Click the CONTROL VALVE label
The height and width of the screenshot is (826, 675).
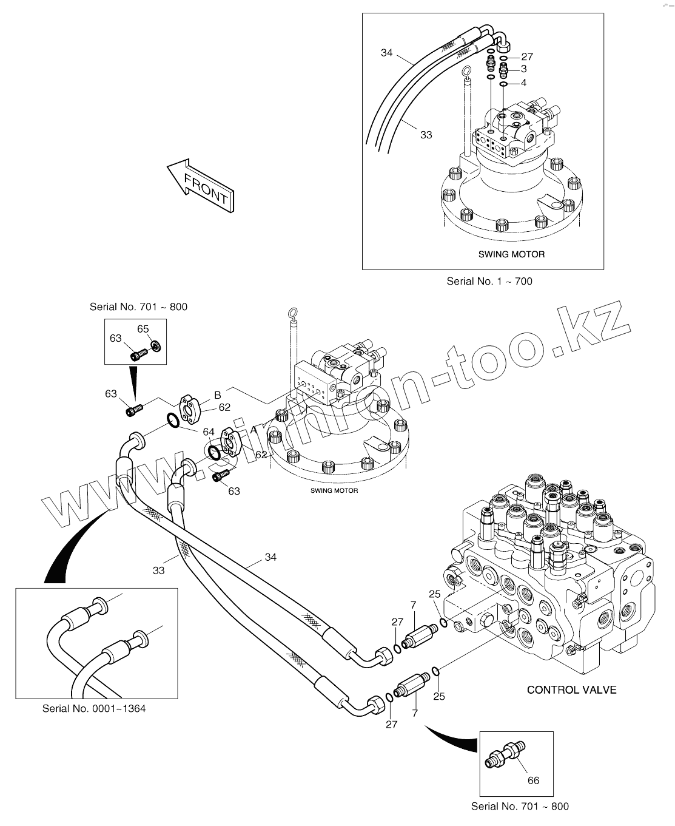tap(571, 689)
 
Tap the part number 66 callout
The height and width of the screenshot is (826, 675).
tap(532, 780)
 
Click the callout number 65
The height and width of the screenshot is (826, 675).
tap(143, 329)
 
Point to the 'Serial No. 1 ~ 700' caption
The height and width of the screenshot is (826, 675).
tap(489, 281)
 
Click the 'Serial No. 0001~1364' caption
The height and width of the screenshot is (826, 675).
tap(94, 708)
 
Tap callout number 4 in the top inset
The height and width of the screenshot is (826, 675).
tap(523, 83)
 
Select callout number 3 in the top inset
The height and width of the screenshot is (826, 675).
tap(523, 69)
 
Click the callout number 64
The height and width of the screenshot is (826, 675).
tap(209, 432)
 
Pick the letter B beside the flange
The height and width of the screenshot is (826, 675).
tap(217, 395)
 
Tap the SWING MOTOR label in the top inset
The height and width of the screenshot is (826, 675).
tap(511, 254)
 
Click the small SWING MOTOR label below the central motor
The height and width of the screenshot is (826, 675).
tap(334, 490)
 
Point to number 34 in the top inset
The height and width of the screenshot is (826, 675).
tap(387, 53)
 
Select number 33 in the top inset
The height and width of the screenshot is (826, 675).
tap(426, 135)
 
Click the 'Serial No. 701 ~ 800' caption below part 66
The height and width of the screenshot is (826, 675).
tap(520, 807)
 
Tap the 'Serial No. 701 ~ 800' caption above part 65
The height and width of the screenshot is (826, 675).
tap(138, 306)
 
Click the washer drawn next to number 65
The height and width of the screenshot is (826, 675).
tap(155, 346)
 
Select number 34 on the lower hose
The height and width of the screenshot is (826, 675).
tap(270, 557)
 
